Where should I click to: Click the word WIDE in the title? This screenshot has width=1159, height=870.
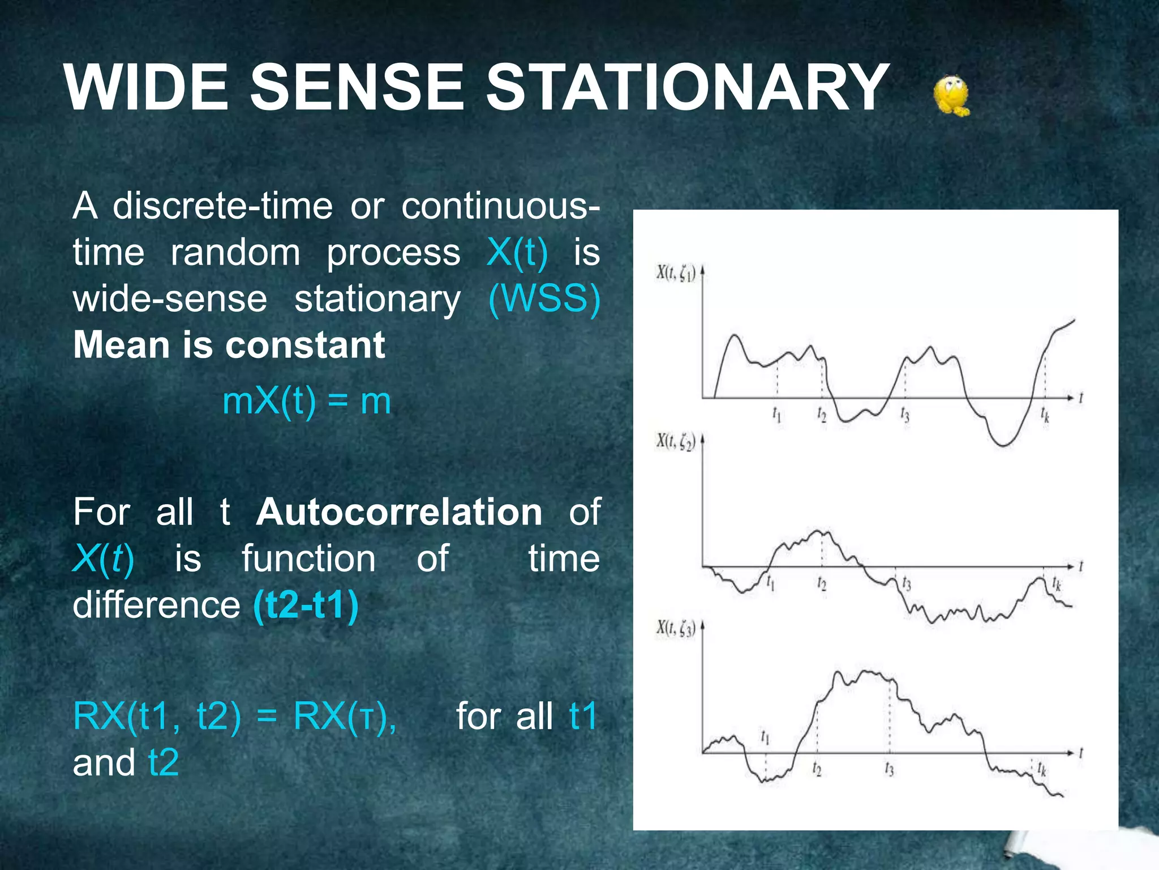coord(146,88)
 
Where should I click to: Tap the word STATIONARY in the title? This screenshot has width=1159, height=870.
coord(688,88)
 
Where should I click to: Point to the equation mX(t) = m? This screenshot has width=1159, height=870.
coord(306,402)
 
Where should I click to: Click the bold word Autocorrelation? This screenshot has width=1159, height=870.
coord(400,512)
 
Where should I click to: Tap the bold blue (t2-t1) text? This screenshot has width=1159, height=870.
coord(306,605)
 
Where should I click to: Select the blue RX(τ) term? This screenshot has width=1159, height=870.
coord(344,717)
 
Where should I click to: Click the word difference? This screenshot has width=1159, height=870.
coord(157,605)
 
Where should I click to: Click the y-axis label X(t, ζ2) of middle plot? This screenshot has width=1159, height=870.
coord(676,441)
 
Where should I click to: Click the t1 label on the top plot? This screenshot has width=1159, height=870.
coord(777,415)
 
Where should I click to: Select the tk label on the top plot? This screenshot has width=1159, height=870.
coord(1045,415)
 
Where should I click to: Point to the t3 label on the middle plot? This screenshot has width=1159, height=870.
coord(906,583)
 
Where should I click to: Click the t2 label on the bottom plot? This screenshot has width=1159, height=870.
coord(817,769)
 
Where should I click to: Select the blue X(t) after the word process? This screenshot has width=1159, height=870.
coord(517,252)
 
